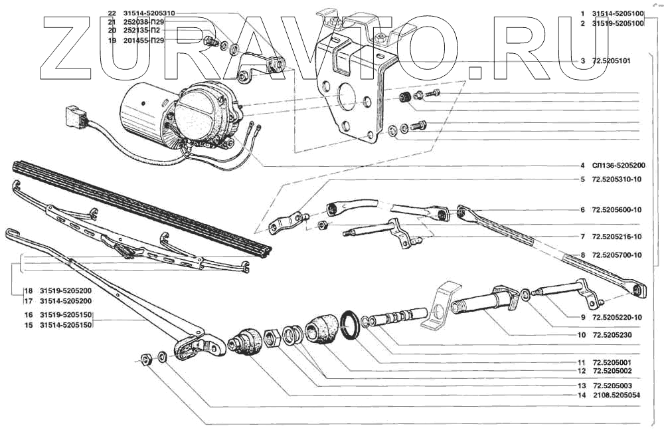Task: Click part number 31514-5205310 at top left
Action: tap(152, 13)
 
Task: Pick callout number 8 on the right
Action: tap(582, 255)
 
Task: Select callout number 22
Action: tap(111, 13)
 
